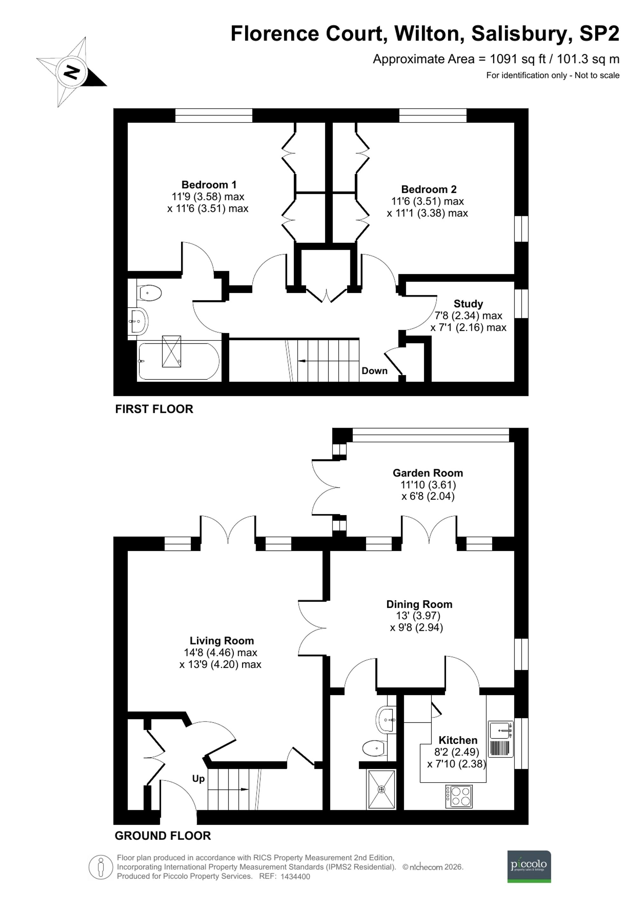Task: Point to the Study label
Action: tap(468, 304)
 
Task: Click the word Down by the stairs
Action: tap(374, 371)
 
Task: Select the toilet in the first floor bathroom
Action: tap(149, 293)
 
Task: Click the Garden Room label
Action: tap(428, 473)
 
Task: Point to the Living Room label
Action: tap(222, 641)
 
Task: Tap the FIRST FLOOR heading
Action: tap(154, 409)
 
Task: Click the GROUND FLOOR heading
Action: tap(162, 836)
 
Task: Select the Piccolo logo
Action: tap(529, 866)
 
